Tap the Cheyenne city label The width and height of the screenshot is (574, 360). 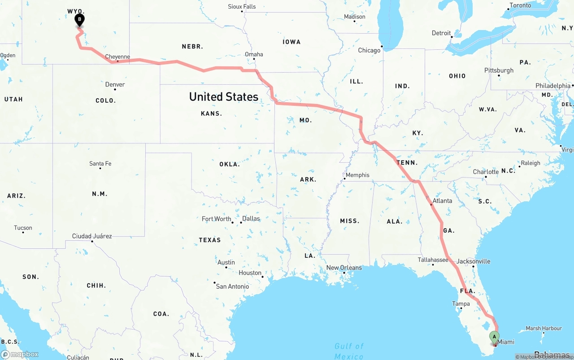pyautogui.click(x=117, y=57)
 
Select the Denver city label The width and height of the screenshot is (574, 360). pyautogui.click(x=115, y=84)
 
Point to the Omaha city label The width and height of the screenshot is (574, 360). pyautogui.click(x=254, y=54)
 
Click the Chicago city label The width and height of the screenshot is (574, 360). pyautogui.click(x=369, y=50)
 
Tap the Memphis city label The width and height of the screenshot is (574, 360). pyautogui.click(x=357, y=175)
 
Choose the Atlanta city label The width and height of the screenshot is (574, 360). pyautogui.click(x=442, y=200)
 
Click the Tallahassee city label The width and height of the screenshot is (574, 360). pyautogui.click(x=433, y=260)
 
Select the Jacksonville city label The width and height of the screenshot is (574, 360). pyautogui.click(x=474, y=261)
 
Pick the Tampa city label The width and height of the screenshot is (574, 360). pyautogui.click(x=461, y=304)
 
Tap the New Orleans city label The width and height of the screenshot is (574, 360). pyautogui.click(x=344, y=268)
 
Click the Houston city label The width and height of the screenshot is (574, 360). pyautogui.click(x=250, y=273)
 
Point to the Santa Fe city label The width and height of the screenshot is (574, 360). pyautogui.click(x=100, y=164)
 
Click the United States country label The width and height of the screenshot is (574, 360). pyautogui.click(x=224, y=96)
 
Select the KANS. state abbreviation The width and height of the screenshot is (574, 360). pyautogui.click(x=212, y=113)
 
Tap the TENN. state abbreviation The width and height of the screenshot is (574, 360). pyautogui.click(x=407, y=163)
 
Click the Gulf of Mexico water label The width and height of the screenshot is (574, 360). pyautogui.click(x=349, y=351)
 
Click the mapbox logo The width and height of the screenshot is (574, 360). pyautogui.click(x=20, y=354)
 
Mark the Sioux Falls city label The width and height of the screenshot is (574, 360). pyautogui.click(x=242, y=6)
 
